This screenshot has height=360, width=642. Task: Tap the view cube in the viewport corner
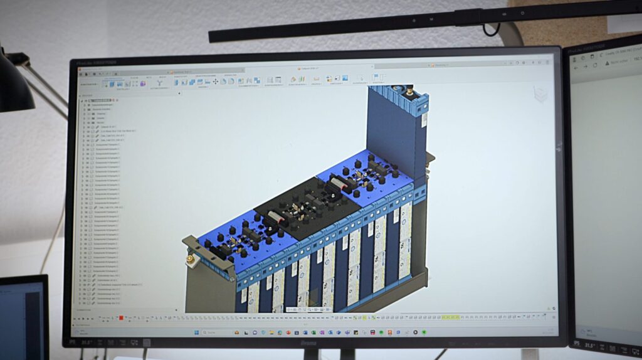(x=540, y=93)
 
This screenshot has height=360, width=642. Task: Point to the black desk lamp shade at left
(x=14, y=88)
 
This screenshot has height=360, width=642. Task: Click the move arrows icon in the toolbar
(x=216, y=82)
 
